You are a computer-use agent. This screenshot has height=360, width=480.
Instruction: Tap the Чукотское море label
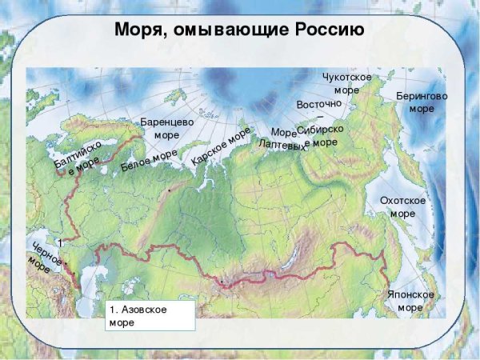pyautogui.click(x=346, y=82)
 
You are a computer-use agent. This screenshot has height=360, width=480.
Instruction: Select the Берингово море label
pyautogui.click(x=422, y=102)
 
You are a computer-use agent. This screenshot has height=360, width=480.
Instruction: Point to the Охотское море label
pyautogui.click(x=402, y=206)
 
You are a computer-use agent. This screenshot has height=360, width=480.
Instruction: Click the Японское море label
pyautogui.click(x=410, y=301)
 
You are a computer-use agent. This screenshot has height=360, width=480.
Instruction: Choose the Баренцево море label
pyautogui.click(x=167, y=128)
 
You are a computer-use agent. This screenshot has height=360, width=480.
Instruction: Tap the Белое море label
pyautogui.click(x=149, y=162)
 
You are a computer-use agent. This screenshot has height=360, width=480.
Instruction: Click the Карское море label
pyautogui.click(x=221, y=149)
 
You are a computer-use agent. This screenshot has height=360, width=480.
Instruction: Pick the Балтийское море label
pyautogui.click(x=78, y=157)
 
